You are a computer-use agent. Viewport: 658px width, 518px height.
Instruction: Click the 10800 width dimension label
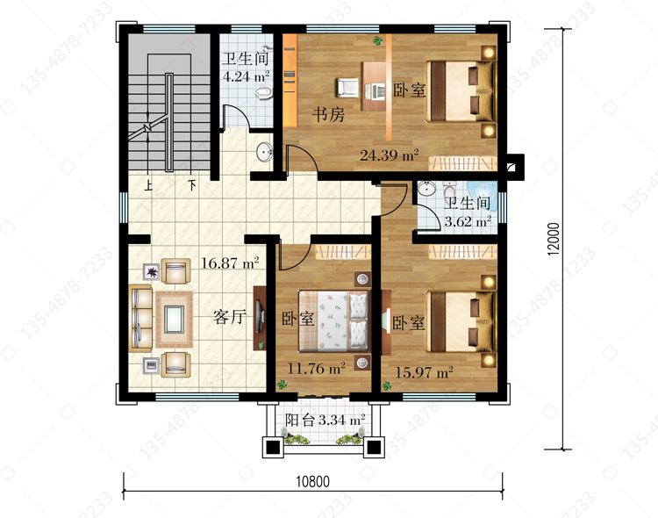(312, 481)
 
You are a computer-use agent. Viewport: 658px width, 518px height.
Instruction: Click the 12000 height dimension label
(554, 239)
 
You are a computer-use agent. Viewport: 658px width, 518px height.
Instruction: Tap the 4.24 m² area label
(246, 76)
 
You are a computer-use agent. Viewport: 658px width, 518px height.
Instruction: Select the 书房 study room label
(328, 114)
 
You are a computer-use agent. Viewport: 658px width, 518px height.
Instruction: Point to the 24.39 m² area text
(389, 155)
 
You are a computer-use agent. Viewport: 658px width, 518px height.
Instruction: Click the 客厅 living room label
(230, 316)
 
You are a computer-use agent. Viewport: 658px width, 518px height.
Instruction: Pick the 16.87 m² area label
(230, 263)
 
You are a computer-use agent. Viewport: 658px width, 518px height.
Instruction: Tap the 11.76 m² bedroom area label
(317, 369)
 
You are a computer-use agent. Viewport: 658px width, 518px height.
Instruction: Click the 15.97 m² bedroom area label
(425, 371)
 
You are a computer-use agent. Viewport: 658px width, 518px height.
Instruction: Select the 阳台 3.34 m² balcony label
(325, 420)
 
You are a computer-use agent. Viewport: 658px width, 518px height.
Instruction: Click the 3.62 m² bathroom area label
(468, 221)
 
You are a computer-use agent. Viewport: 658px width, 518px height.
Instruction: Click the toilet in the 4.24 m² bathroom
(263, 91)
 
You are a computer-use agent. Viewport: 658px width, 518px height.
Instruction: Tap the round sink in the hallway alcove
(264, 152)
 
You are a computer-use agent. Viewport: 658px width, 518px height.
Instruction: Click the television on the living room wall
(260, 318)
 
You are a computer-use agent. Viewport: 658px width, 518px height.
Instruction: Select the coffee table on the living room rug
(175, 319)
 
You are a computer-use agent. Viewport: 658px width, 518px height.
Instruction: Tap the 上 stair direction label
(147, 185)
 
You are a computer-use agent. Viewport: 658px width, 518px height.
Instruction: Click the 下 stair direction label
(192, 185)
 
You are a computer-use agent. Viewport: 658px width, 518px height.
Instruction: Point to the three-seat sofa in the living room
(140, 319)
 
